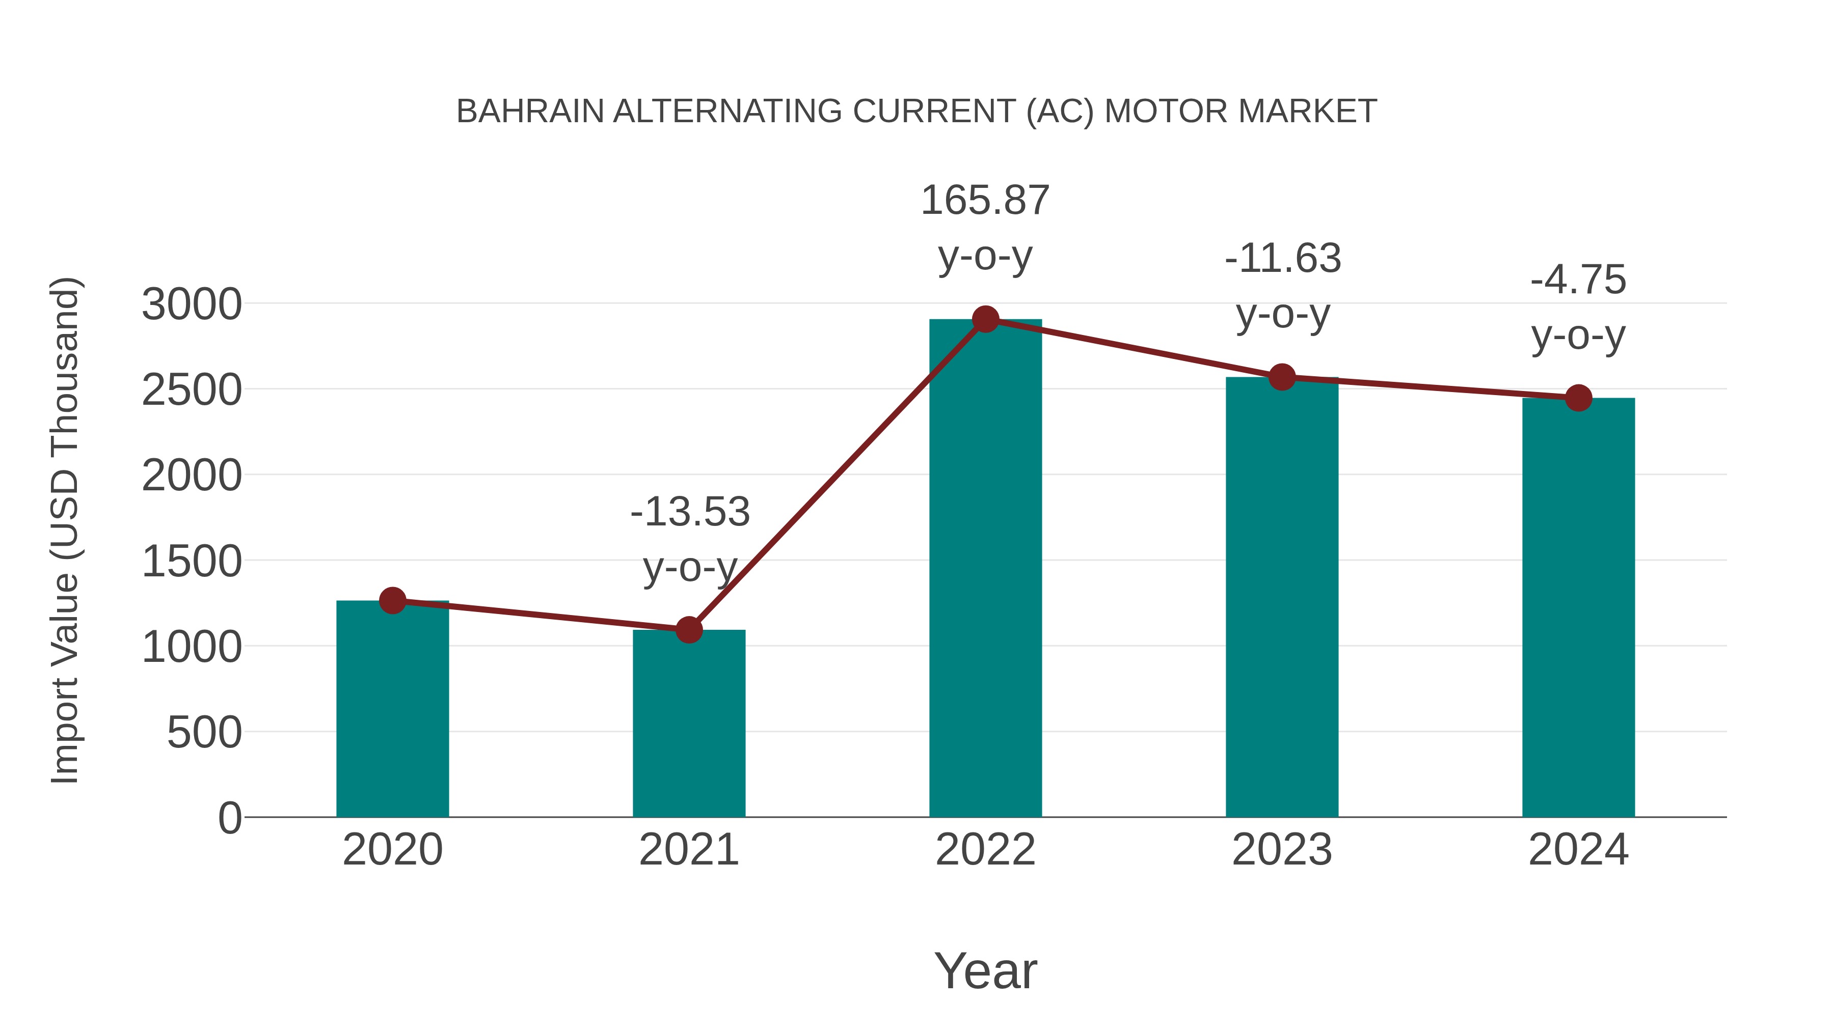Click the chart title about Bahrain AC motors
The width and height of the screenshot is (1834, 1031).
[916, 112]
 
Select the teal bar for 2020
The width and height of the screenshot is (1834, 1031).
[392, 712]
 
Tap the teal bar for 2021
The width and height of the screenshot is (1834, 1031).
[688, 726]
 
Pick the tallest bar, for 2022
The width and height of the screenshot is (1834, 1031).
[985, 569]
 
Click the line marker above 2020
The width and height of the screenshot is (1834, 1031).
[392, 601]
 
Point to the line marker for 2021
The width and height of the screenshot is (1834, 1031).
[688, 630]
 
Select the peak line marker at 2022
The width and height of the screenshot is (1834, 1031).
[985, 319]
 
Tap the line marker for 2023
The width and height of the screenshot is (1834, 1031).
[1282, 377]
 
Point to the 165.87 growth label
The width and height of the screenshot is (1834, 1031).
[985, 201]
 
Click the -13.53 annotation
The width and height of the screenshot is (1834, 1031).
[690, 512]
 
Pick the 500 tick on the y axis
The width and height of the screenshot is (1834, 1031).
[204, 732]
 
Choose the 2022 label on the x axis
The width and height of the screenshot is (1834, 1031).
[985, 850]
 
